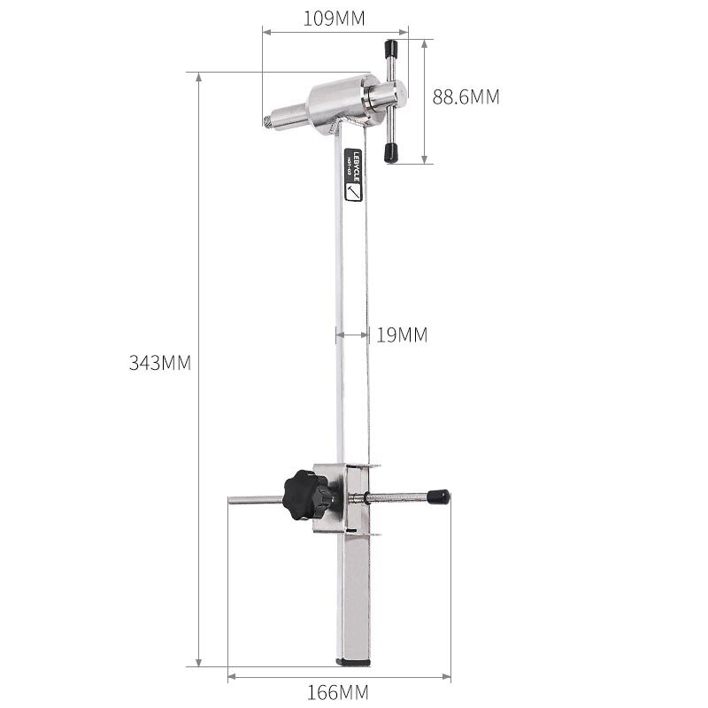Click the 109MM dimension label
pos(335,18)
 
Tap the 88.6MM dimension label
pos(466,97)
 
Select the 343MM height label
pos(160,364)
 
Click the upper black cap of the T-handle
pos(389,47)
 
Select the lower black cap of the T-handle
pos(390,154)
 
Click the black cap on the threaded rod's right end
pos(438,497)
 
